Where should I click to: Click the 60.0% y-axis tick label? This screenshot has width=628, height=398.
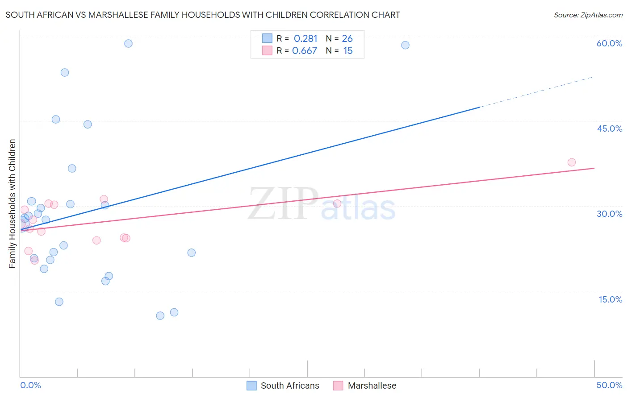(609, 43)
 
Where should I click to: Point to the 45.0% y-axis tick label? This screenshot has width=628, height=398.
(609, 129)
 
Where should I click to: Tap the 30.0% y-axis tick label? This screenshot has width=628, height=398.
(609, 214)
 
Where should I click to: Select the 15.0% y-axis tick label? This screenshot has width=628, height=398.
(610, 299)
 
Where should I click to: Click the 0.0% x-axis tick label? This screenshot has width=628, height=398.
(30, 385)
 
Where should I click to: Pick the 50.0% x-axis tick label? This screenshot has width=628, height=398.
(609, 385)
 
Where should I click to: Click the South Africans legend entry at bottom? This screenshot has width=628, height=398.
(283, 386)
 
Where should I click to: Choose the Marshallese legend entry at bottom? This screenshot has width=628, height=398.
(365, 386)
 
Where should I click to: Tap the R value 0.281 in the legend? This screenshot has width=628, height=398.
(306, 39)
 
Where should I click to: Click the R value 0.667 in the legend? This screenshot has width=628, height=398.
(305, 51)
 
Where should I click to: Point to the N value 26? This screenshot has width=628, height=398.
(347, 39)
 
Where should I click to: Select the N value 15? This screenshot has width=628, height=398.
(348, 51)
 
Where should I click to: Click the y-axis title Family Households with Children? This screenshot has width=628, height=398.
(12, 203)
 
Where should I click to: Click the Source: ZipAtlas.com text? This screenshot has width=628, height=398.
(588, 15)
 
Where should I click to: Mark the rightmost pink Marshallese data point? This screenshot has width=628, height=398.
(571, 162)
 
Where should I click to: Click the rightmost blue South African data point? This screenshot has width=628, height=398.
(405, 45)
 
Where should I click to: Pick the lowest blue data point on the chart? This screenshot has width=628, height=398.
(160, 315)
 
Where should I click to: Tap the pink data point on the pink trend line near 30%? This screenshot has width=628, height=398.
(337, 203)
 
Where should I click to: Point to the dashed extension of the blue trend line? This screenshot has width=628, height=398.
(536, 92)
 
